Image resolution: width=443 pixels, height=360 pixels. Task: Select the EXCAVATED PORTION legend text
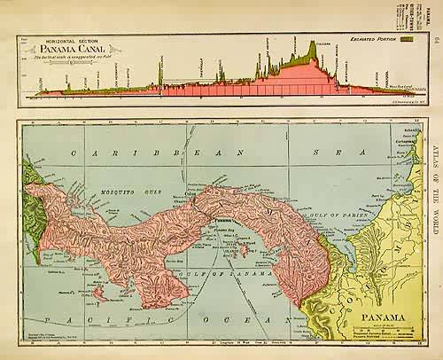coord(366,40)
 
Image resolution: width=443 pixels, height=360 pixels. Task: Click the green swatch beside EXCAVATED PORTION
coord(407,40)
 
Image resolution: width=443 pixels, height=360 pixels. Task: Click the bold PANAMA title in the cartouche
coord(379,314)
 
